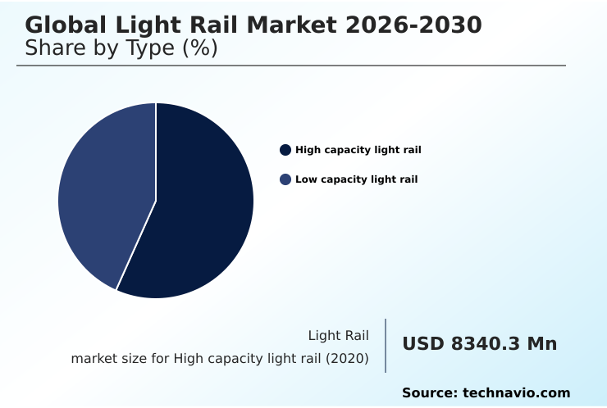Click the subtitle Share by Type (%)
[x=121, y=48]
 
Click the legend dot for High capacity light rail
[x=285, y=150]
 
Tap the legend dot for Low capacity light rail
[x=285, y=179]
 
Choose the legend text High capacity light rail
[x=358, y=150]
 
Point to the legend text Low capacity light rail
[x=356, y=179]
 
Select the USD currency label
[x=423, y=344]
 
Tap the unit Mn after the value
[x=541, y=344]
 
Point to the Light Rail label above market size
[x=338, y=335]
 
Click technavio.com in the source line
[x=516, y=393]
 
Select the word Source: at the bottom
[x=429, y=393]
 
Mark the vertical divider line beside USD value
[x=386, y=346]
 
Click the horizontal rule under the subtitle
[x=291, y=66]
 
